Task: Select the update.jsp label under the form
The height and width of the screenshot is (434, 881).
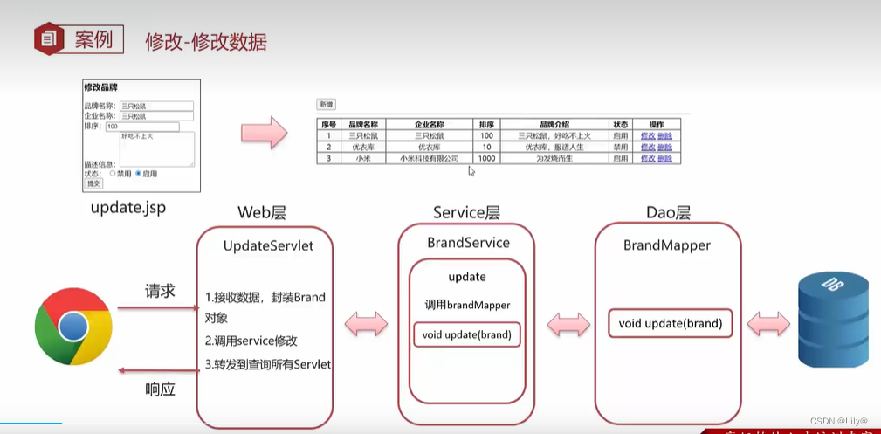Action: pos(127,208)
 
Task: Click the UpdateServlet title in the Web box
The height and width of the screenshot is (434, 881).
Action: pos(268,246)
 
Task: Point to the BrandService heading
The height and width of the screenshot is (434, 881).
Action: pos(468,242)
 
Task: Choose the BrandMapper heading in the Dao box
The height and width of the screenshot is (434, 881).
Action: pos(666,245)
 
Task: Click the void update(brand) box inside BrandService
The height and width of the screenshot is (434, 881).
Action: pos(466,334)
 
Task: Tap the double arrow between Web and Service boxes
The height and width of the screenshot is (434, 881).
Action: pos(367,325)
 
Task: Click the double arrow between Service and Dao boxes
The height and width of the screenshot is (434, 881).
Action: pos(568,325)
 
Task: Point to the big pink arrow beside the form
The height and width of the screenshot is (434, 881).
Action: pos(264,134)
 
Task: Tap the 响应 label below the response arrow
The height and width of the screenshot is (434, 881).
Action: pos(160,389)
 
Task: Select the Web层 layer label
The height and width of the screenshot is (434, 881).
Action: pos(262,212)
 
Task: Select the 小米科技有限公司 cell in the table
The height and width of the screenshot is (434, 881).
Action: pos(429,158)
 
